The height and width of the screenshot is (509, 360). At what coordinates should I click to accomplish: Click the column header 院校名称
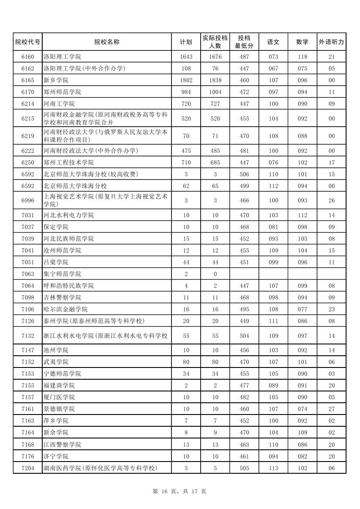point(107,42)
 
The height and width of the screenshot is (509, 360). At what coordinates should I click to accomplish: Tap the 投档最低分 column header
point(244,42)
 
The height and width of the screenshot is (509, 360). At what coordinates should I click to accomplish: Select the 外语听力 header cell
point(331,42)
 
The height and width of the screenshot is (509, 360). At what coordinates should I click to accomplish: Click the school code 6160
point(27,57)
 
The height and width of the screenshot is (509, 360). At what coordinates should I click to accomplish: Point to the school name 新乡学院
point(56,80)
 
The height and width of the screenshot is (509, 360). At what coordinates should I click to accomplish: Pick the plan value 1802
point(186,80)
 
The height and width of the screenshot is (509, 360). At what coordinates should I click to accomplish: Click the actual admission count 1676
point(215,57)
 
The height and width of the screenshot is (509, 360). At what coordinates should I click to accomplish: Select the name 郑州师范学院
point(62,92)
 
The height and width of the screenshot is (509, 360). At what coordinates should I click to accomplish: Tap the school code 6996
point(27,200)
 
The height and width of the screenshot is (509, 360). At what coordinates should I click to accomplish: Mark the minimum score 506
point(244,174)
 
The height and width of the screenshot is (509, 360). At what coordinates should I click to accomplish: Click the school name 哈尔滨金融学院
point(65,309)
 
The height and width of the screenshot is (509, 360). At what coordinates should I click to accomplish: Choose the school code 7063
point(27,274)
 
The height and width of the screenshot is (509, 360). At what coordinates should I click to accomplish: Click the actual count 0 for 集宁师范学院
point(215,274)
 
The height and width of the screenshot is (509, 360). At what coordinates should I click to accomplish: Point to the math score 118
point(302,57)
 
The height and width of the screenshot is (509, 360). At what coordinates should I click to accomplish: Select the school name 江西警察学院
point(62,445)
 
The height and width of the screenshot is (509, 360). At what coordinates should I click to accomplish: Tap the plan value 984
point(186,92)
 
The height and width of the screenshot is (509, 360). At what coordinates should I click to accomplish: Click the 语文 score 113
point(273,468)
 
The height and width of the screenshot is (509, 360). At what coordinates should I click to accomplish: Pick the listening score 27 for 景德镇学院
point(331,409)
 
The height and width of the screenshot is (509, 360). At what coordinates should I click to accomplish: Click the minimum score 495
point(244,309)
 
